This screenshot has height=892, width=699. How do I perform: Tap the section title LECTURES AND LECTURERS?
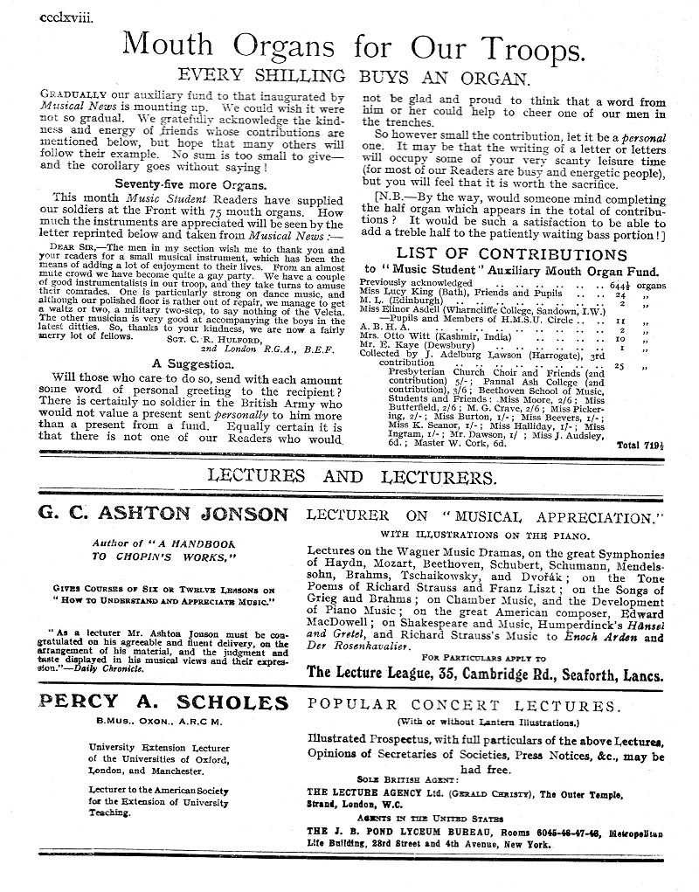(349, 476)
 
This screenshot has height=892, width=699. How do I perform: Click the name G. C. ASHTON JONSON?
(163, 513)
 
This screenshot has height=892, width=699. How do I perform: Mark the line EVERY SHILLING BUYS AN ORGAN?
(350, 76)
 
